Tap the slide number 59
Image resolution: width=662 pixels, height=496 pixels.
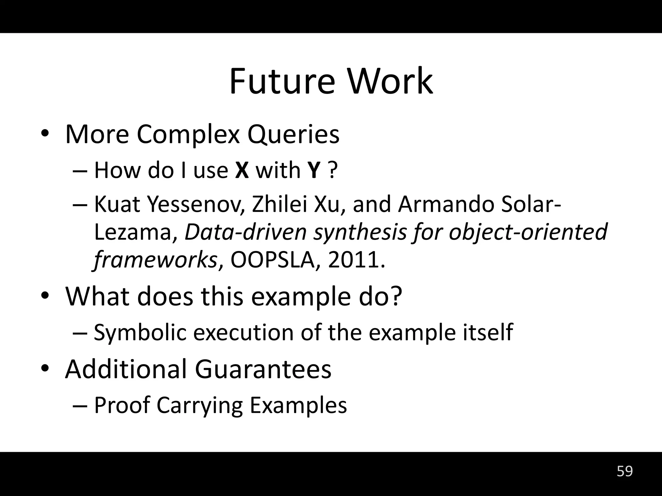(x=625, y=471)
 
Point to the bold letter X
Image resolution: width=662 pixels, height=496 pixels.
(x=242, y=170)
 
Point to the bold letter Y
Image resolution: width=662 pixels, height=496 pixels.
(x=314, y=170)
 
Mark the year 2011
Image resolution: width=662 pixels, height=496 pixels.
(x=356, y=260)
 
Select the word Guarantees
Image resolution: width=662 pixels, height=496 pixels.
(x=263, y=369)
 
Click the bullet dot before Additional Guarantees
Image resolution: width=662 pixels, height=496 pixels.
(x=45, y=368)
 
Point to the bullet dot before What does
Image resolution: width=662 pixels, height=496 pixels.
(x=45, y=296)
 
